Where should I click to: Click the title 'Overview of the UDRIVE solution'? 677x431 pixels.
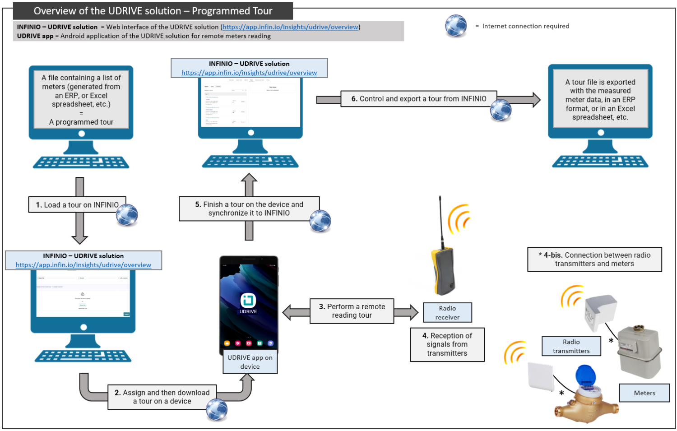coord(153,11)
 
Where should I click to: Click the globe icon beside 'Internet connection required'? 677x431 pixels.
coord(456,26)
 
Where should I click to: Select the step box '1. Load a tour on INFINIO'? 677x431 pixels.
coord(77,205)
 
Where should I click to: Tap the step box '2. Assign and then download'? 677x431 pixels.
coord(162,397)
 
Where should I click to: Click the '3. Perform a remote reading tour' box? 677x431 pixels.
coord(352,311)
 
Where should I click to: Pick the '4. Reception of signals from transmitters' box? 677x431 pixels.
coord(447,344)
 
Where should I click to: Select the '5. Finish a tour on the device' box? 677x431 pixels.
coord(249,209)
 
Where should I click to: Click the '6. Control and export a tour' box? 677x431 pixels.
coord(418,99)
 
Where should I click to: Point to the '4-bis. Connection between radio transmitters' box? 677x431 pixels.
coord(594,260)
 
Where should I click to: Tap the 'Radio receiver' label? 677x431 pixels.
coord(447,312)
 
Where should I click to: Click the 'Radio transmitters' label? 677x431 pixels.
coord(571,346)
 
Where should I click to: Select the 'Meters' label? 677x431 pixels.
coord(644,393)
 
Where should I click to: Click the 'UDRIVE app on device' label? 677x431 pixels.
coord(250,362)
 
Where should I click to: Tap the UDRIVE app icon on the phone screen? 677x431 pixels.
coord(248,301)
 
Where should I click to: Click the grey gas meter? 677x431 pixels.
coord(638,352)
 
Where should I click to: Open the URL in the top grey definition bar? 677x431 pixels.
coord(290,27)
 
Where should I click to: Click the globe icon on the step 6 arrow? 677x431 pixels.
coord(501,110)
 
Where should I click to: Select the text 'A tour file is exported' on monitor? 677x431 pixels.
coord(600,82)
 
